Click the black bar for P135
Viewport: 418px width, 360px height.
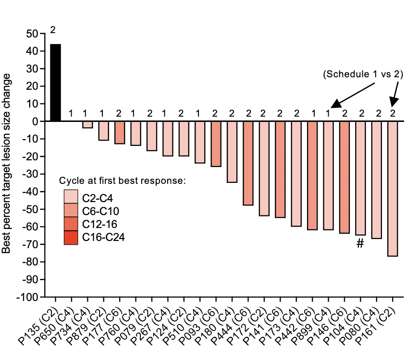55,83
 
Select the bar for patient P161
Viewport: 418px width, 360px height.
393,189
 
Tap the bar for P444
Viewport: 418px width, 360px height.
248,163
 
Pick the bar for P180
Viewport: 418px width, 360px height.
232,152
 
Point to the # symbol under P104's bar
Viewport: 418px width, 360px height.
360,244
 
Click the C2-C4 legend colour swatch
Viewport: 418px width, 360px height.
71,196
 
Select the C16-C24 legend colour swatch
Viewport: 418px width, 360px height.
71,238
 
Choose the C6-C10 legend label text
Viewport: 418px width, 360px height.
101,211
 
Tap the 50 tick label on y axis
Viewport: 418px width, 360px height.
33,34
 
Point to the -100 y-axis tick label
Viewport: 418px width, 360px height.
30,297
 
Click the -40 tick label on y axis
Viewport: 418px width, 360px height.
31,192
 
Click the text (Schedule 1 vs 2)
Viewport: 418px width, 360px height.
363,74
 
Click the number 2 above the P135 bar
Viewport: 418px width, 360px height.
53,30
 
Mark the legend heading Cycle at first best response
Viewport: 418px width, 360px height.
123,181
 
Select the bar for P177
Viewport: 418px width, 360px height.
120,132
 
